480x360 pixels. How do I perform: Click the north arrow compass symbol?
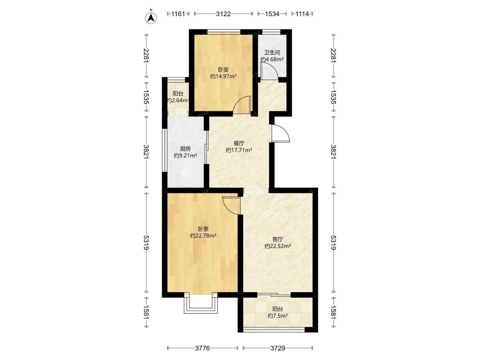pos(151,17)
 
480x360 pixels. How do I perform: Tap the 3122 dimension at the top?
pos(223,14)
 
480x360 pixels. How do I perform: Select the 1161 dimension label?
pos(178,14)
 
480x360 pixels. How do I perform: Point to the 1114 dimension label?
pos(302,14)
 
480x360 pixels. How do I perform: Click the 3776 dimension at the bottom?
pos(202,348)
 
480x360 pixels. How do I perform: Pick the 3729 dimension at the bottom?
pos(278,348)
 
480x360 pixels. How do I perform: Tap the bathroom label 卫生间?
pos(272,52)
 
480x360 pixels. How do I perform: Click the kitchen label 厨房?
pos(185,149)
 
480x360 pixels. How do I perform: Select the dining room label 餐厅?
pos(239,143)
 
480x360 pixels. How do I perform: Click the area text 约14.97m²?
pos(223,76)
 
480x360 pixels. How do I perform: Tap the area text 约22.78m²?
pos(203,236)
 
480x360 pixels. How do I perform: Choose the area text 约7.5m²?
pos(277,316)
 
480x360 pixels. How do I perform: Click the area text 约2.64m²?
pos(178,100)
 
